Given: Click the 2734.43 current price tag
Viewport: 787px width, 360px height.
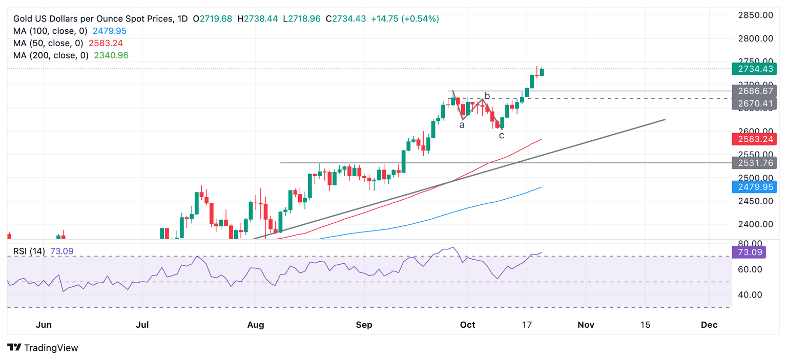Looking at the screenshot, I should (754, 69).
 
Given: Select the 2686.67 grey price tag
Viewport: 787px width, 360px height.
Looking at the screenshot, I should (754, 91).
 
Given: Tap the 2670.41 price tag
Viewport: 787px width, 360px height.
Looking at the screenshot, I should (754, 104).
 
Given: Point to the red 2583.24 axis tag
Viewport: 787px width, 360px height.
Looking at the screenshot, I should (754, 139).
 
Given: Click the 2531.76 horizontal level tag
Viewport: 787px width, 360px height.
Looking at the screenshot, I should (754, 163).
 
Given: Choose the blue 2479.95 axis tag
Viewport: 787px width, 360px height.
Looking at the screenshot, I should (754, 187).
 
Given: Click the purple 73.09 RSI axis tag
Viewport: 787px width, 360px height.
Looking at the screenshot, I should (750, 252).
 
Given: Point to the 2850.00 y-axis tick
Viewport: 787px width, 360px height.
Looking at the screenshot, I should (756, 15).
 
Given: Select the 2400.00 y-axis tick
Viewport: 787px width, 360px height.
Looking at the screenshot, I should (756, 224).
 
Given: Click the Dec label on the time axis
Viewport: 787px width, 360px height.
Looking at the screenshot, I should (709, 325).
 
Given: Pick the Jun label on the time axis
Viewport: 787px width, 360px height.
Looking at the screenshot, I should (44, 325).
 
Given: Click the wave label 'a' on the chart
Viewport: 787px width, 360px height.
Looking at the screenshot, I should (462, 124).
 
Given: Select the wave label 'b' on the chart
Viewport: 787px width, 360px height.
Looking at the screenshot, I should (487, 96).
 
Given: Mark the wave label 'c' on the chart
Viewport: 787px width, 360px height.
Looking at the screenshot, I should (502, 136).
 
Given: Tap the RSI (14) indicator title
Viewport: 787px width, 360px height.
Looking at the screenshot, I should (29, 251).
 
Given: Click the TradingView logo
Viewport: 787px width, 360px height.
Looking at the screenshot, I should (44, 348).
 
